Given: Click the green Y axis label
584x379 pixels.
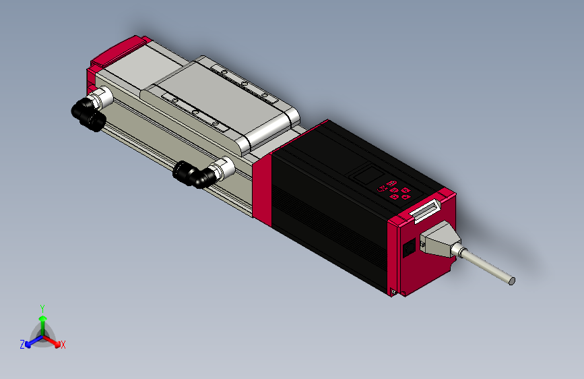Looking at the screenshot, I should [42, 307].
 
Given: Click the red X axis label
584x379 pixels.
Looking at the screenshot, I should [63, 345].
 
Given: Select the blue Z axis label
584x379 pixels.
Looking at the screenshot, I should [22, 344].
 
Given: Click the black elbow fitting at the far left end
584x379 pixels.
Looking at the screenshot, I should [87, 113].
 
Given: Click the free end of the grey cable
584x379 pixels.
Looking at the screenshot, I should [512, 280].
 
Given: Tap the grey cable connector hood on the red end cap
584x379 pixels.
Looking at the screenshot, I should [439, 243].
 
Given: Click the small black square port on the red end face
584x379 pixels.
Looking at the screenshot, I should [408, 251].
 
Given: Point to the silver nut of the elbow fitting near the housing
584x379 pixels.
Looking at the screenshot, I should [222, 168].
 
